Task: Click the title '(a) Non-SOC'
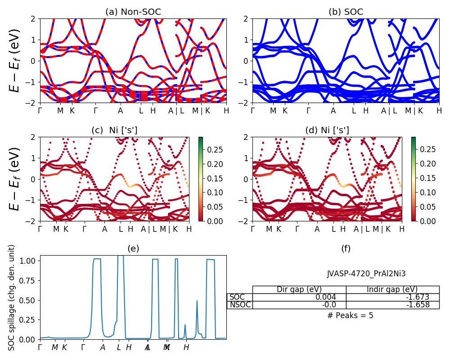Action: pos(133,12)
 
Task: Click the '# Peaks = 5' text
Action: pos(350,315)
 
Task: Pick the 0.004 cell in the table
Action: pos(333,297)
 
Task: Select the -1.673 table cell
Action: pos(417,297)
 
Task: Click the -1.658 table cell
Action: pos(417,305)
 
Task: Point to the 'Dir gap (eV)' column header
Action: pos(299,289)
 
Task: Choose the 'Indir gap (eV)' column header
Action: pos(392,289)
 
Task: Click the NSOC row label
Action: pos(240,305)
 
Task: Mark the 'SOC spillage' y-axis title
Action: pos(12,297)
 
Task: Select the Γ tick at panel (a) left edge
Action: pos(40,110)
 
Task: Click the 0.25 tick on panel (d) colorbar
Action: pos(426,149)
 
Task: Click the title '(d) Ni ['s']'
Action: pos(327,130)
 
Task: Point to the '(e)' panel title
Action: pos(133,248)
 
